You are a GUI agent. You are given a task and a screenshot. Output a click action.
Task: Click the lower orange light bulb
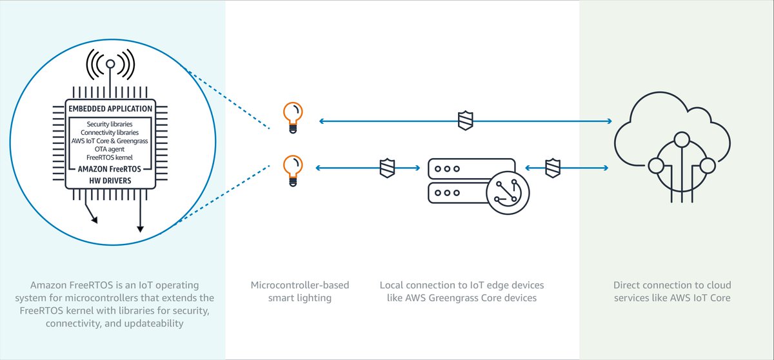(x=292, y=168)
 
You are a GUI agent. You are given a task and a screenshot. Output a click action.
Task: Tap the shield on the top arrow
(x=465, y=121)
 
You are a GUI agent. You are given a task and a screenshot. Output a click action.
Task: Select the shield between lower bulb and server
(x=386, y=168)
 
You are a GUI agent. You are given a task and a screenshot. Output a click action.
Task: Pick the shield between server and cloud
(x=552, y=168)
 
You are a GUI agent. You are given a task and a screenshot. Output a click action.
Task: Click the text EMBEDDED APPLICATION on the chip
(x=110, y=108)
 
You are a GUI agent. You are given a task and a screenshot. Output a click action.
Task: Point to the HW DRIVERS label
(x=110, y=181)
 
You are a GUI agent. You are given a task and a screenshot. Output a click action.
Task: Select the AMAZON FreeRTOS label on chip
(x=110, y=168)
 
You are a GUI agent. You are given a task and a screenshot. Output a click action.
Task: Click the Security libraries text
(x=110, y=123)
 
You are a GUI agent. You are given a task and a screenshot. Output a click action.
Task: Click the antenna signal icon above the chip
(x=110, y=65)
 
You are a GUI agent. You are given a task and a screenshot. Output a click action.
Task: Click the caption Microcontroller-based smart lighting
(x=292, y=291)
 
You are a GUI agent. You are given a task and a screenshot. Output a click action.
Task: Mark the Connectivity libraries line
(x=110, y=132)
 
